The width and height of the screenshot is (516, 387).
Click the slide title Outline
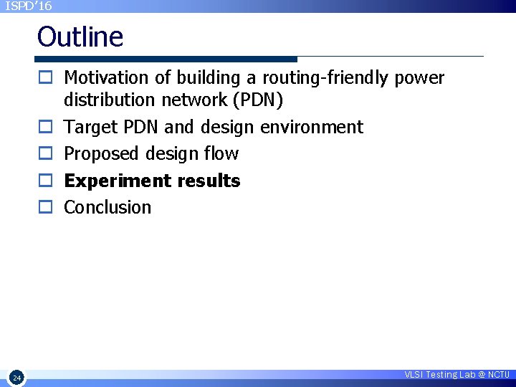[80, 37]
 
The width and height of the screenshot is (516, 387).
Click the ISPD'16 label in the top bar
[29, 6]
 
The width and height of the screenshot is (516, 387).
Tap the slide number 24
[17, 377]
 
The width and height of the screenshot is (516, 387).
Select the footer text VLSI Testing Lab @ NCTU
[457, 375]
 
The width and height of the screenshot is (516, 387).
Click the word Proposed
[102, 154]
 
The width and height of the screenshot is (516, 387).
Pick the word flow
[224, 154]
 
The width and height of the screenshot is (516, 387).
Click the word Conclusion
[107, 207]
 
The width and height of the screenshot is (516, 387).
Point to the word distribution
[107, 100]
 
